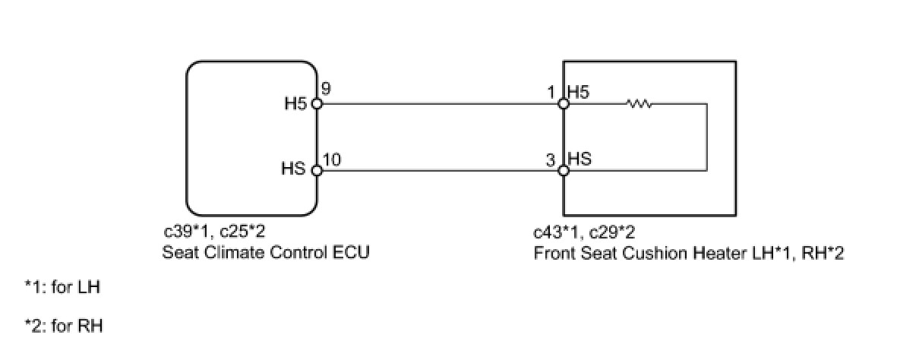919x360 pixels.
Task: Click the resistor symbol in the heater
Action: click(640, 104)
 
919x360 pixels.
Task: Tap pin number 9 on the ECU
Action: click(325, 88)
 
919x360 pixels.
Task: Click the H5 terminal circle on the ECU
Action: click(317, 104)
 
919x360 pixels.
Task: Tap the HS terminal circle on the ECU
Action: click(317, 171)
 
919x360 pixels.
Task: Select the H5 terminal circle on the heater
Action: click(563, 104)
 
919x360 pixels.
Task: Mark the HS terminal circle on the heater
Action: click(563, 171)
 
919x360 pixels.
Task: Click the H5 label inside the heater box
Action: click(579, 92)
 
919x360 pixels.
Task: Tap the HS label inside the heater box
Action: click(580, 159)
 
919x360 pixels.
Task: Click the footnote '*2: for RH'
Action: click(64, 327)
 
